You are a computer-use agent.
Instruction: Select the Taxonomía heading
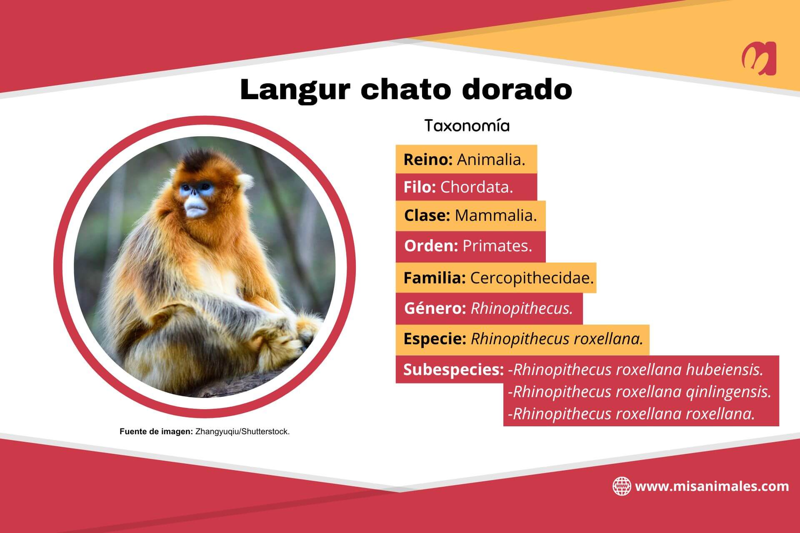pos(467,126)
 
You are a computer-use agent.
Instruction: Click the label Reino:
pos(428,160)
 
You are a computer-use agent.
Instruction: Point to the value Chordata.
pos(476,187)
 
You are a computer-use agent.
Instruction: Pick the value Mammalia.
pos(495,215)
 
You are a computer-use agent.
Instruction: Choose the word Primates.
pos(497,246)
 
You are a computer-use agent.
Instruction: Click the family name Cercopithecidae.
pos(532,278)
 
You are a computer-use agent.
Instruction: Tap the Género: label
pos(435,308)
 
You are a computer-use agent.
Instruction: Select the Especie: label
pos(435,339)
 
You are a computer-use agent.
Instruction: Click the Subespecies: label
pos(453,370)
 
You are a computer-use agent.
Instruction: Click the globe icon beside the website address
pos(621,486)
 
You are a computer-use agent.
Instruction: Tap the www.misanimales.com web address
pos(712,486)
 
